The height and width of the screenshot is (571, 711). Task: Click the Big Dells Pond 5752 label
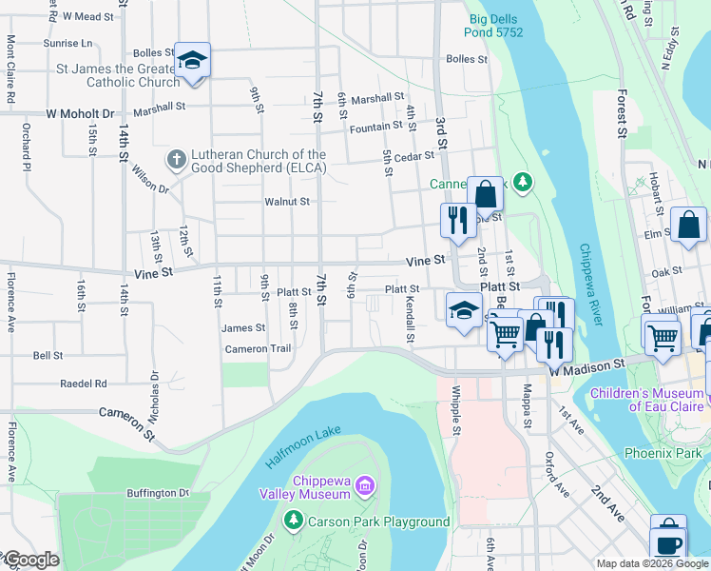click(495, 25)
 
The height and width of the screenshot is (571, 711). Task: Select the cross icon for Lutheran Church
click(176, 161)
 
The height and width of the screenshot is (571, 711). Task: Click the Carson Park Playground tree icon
click(294, 522)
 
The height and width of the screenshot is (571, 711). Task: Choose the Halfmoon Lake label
click(303, 446)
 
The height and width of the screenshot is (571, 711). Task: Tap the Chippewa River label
click(590, 284)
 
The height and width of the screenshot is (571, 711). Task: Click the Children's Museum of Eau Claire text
click(648, 400)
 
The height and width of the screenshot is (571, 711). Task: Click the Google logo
click(30, 560)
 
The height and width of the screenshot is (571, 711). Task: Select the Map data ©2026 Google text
click(651, 563)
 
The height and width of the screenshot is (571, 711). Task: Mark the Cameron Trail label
click(258, 349)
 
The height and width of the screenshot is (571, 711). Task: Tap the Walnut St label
click(287, 202)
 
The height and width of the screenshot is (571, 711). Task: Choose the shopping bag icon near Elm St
click(688, 226)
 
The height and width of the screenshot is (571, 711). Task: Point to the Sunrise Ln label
click(67, 44)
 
